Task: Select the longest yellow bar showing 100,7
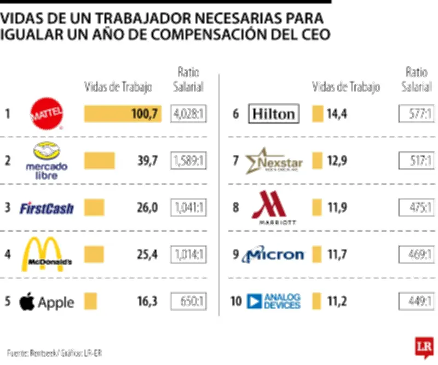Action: point(123,114)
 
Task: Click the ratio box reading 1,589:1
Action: point(189,161)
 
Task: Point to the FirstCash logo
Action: point(47,208)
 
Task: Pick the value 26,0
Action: point(147,208)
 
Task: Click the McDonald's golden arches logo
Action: point(47,255)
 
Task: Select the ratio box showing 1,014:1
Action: point(189,254)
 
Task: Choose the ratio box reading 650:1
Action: point(189,301)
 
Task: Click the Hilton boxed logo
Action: point(273,114)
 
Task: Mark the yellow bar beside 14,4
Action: point(317,114)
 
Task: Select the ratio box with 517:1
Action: point(417,161)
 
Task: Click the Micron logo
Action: point(273,254)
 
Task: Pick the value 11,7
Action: point(337,254)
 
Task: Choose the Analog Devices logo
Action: point(274,301)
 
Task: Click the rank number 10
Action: point(236,301)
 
